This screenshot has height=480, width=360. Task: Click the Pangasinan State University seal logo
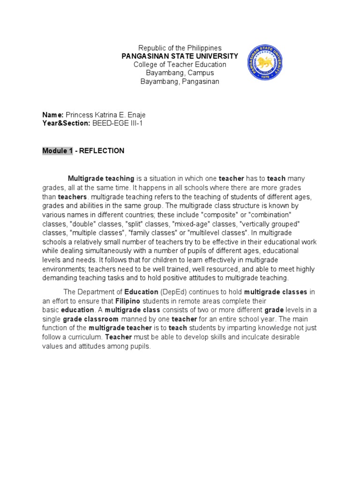click(265, 62)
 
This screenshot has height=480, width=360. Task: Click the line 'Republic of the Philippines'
click(180, 48)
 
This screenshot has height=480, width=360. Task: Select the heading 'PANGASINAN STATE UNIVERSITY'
click(180, 56)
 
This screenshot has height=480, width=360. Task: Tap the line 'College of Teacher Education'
click(180, 65)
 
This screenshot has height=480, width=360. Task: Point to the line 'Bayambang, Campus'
click(180, 73)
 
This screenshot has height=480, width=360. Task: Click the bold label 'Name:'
click(53, 115)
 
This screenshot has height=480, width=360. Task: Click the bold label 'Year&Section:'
click(66, 123)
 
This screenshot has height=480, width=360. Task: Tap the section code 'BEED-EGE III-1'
click(114, 123)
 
